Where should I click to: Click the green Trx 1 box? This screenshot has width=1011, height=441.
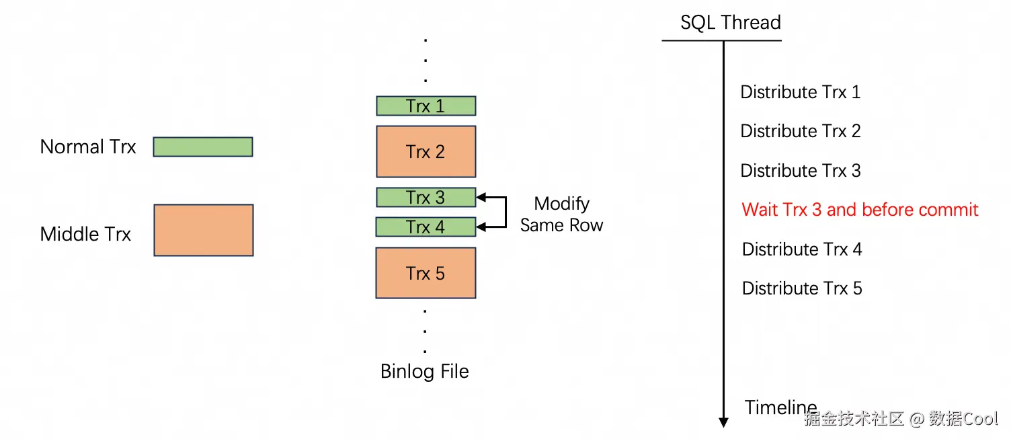426,106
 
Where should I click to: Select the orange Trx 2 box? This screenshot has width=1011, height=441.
426,151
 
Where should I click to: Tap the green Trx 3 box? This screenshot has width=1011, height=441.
426,198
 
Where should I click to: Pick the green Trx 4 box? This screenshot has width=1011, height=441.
426,227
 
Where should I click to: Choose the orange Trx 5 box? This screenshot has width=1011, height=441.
426,273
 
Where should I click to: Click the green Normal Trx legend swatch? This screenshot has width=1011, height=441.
203,147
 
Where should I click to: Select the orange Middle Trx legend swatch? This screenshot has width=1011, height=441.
204,231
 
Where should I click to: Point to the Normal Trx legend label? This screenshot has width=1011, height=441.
88,147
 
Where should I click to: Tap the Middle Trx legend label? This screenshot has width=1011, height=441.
85,234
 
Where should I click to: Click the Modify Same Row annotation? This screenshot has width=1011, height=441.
562,214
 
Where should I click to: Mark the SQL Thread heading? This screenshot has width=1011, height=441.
731,23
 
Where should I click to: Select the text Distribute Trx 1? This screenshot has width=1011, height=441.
800,92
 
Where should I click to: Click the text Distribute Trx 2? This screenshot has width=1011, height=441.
800,131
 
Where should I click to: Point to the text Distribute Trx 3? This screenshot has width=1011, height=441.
800,171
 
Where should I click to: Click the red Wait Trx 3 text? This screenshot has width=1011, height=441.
860,210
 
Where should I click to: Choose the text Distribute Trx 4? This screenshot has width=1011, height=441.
801,249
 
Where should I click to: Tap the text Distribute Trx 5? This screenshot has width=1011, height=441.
801,288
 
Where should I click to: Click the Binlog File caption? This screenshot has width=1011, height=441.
425,371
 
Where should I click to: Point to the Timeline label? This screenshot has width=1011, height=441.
780,407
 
